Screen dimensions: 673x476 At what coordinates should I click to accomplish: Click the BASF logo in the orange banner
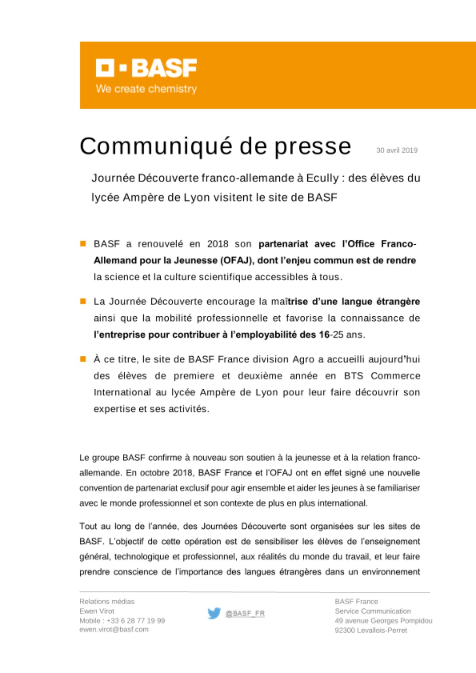click(x=146, y=68)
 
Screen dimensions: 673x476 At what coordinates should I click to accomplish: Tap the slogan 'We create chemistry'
click(x=146, y=89)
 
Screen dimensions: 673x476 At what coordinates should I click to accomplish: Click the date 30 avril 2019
click(x=397, y=150)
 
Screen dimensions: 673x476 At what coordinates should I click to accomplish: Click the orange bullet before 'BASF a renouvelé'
click(x=83, y=244)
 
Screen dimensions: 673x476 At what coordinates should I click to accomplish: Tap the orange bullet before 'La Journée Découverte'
click(x=83, y=301)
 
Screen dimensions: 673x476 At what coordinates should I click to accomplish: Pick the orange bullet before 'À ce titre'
click(x=83, y=359)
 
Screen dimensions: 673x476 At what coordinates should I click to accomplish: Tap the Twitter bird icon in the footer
click(x=214, y=613)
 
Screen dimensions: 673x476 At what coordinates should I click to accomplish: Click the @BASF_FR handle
click(x=245, y=613)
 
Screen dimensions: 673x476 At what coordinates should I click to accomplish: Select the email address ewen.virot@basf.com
click(x=114, y=630)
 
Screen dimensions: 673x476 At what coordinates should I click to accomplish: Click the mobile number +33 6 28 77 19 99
click(x=136, y=621)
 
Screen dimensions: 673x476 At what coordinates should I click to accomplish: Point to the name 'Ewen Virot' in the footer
click(x=97, y=611)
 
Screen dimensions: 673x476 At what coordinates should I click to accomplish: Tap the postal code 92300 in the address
click(x=345, y=630)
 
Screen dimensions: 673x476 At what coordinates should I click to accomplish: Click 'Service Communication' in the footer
click(x=373, y=611)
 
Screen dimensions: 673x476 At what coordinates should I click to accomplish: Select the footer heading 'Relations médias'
click(x=107, y=602)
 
